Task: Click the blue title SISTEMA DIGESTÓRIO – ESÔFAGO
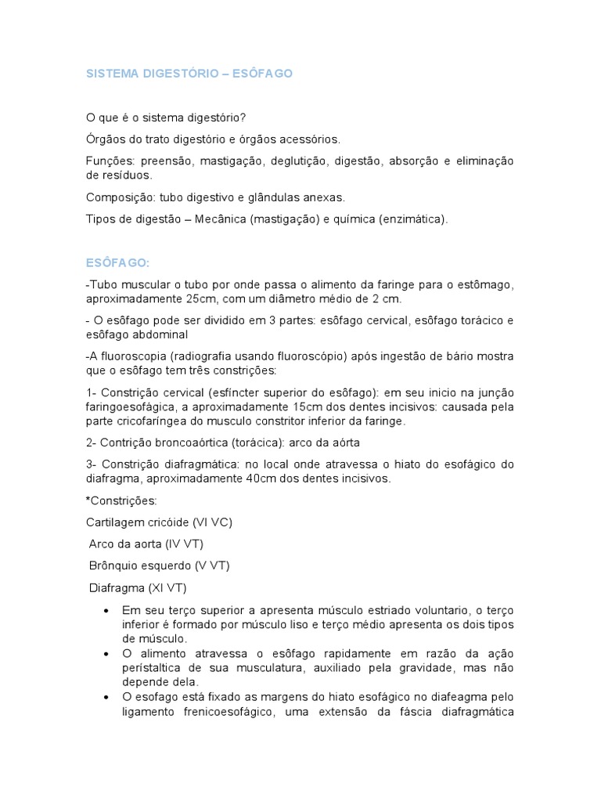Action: point(189,74)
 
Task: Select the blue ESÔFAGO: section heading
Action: point(117,262)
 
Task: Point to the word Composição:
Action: point(118,198)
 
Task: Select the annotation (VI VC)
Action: point(207,522)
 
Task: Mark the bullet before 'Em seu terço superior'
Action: point(106,609)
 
